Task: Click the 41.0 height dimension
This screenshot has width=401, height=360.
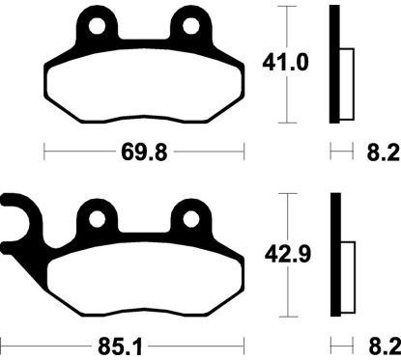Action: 285,63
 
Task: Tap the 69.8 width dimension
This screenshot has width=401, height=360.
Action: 144,152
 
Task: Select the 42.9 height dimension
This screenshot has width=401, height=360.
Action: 288,255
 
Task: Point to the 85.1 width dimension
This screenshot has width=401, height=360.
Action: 120,347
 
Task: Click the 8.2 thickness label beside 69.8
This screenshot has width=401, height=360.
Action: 384,152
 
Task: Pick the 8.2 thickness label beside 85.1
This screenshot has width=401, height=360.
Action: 385,346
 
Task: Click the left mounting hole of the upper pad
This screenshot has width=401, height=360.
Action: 98,26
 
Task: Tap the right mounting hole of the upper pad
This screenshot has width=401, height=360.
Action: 191,26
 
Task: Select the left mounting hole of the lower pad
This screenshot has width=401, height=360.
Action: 98,220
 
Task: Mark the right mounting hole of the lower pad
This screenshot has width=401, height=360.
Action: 191,220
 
